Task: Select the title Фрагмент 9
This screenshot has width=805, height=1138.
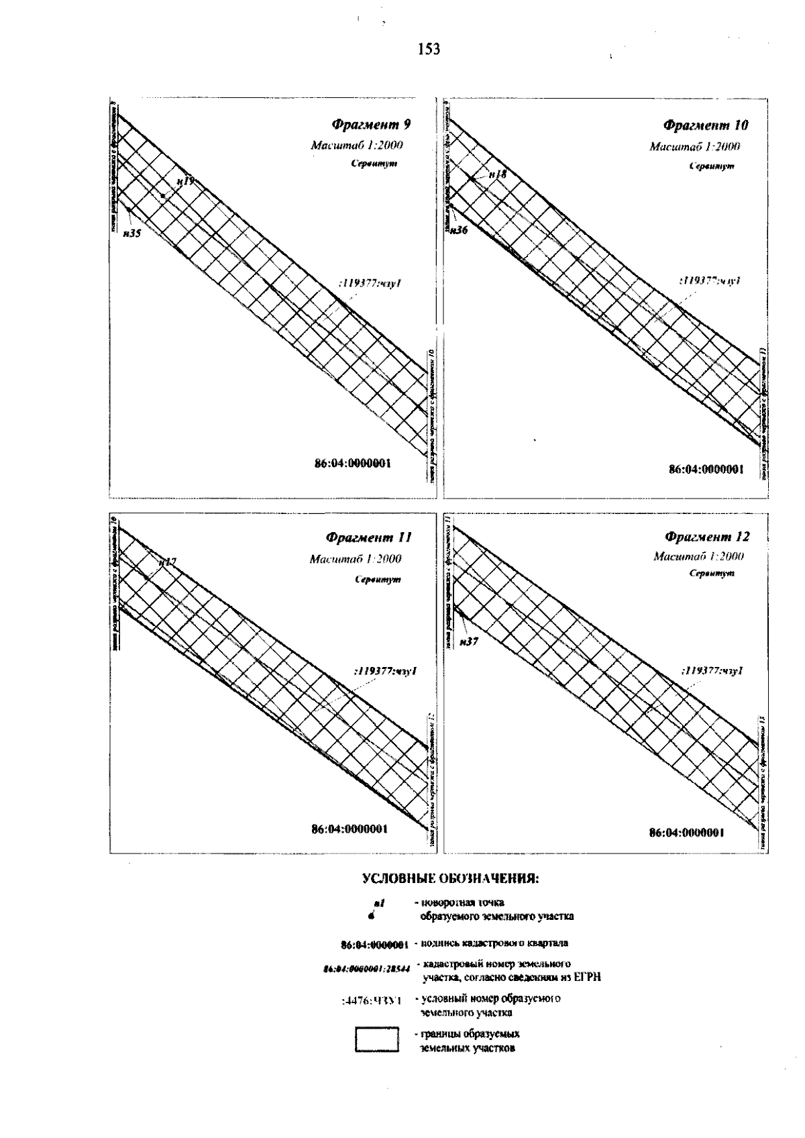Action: point(371,124)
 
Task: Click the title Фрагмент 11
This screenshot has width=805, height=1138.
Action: point(368,537)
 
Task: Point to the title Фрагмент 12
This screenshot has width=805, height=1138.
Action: point(707,537)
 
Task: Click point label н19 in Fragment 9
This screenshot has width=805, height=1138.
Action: point(186,181)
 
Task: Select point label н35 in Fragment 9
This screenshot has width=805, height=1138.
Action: point(131,233)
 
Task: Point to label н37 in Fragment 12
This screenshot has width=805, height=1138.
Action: point(469,641)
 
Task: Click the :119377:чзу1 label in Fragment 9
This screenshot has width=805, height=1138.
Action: point(371,284)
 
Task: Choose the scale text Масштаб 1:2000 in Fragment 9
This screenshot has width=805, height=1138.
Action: point(357,146)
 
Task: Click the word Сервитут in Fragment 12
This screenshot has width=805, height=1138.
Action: point(710,574)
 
